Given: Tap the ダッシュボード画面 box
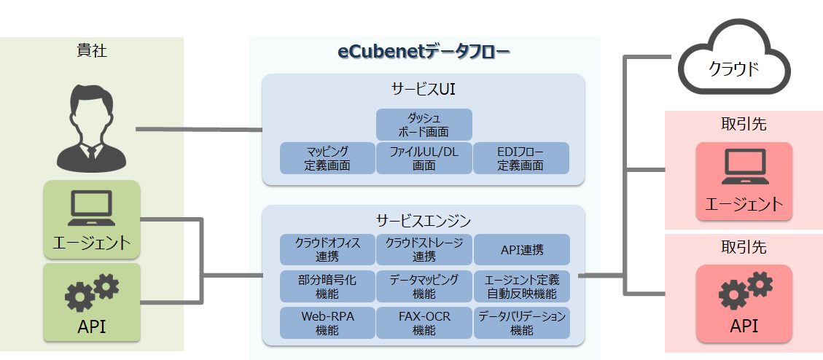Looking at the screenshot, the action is [x=424, y=125].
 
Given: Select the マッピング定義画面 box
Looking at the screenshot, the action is [x=327, y=158].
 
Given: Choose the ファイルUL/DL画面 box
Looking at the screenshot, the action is [x=424, y=158].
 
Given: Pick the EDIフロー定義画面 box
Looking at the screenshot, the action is [x=520, y=158].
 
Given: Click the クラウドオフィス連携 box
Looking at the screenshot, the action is [x=327, y=250].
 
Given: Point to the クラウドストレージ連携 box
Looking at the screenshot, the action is [x=424, y=250].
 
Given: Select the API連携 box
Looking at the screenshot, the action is [x=521, y=250].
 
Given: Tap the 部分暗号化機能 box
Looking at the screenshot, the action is [x=327, y=286].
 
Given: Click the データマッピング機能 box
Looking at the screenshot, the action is [x=424, y=286].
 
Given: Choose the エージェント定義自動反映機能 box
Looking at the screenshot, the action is [x=521, y=286].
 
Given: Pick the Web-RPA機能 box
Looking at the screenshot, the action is [x=327, y=323].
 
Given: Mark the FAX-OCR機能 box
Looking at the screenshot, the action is [x=424, y=323].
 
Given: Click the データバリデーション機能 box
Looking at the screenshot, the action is [x=521, y=323].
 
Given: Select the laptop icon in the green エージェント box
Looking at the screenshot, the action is [x=92, y=208].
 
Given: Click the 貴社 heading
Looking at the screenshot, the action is [x=92, y=52].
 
